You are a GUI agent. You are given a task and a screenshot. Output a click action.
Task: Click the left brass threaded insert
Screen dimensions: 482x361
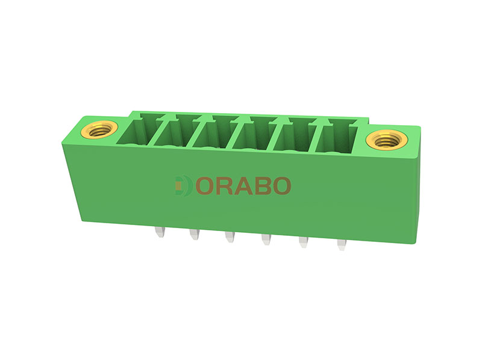[99, 129]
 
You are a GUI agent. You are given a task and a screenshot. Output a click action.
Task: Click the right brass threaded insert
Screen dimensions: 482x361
[386, 140]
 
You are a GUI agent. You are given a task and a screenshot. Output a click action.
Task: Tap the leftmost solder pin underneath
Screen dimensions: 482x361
[160, 232]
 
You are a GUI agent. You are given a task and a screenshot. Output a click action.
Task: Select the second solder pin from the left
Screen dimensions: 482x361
[195, 234]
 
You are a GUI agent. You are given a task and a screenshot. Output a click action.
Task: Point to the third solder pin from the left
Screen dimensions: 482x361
[230, 237]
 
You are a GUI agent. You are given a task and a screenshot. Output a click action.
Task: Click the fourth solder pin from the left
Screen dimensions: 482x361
[266, 239]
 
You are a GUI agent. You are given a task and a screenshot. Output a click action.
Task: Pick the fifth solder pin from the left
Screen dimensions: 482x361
[304, 242]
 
